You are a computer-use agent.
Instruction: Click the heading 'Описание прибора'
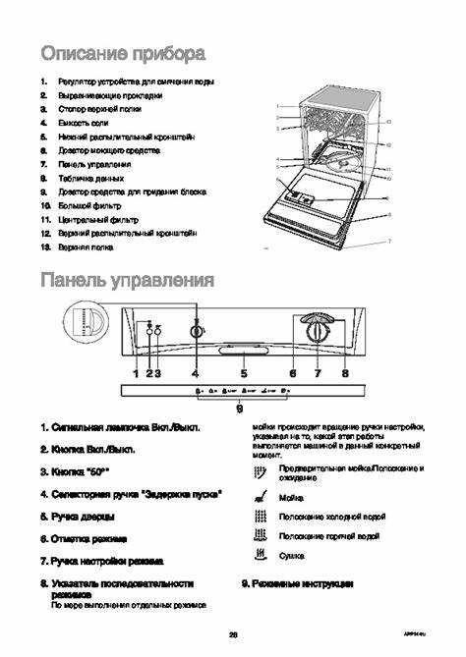click(x=122, y=52)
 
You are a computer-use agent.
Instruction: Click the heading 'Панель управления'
click(x=127, y=281)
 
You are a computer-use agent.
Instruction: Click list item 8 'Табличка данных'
click(x=90, y=178)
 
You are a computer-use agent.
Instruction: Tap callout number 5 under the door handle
click(x=243, y=373)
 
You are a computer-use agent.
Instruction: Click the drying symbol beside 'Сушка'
click(x=260, y=555)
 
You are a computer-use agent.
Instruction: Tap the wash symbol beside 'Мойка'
click(x=260, y=497)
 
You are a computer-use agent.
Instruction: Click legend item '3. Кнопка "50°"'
click(x=74, y=471)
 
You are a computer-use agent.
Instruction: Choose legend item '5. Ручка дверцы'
click(x=78, y=515)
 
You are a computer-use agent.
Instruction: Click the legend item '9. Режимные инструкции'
click(x=298, y=583)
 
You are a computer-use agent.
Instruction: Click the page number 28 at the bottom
click(x=233, y=632)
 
